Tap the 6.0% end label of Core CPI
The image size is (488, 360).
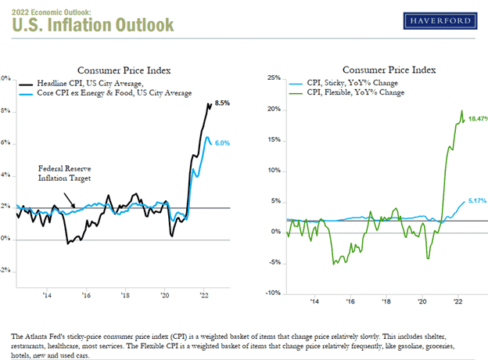[222, 142]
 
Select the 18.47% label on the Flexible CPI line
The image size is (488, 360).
[477, 118]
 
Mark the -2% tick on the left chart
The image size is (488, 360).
[4, 271]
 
